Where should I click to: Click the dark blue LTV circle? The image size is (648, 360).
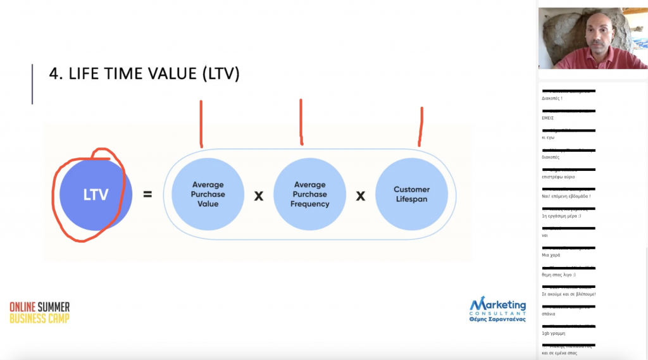(96, 194)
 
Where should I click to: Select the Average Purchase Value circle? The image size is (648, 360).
(208, 194)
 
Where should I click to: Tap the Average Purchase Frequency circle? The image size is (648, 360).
(309, 194)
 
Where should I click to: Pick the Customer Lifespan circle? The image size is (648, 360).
(411, 194)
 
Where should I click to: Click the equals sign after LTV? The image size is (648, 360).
(147, 195)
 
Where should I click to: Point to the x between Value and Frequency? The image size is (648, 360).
(258, 196)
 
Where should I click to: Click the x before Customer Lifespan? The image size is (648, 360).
(361, 196)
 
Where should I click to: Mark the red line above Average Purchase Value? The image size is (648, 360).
(201, 123)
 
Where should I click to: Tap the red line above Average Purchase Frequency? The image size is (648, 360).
(301, 121)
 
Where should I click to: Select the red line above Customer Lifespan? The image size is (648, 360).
(420, 127)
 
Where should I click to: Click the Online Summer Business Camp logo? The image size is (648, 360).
(39, 313)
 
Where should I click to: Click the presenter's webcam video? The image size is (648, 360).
(592, 39)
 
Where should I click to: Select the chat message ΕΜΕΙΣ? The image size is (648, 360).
(548, 118)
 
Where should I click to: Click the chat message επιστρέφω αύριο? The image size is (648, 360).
(558, 177)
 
